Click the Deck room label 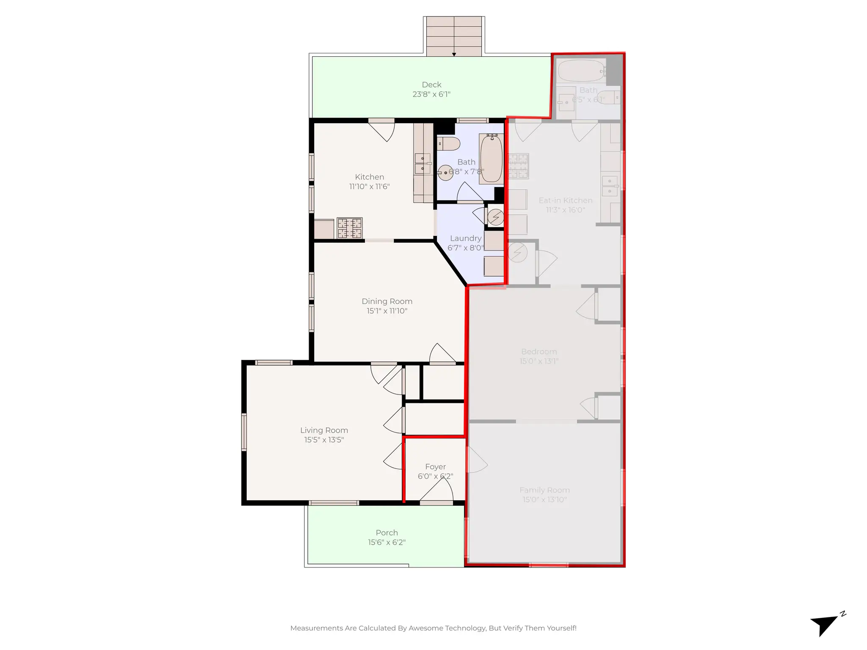click(x=431, y=85)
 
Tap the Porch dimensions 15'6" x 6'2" click(x=387, y=542)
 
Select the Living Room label click(x=324, y=430)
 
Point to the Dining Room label click(x=387, y=301)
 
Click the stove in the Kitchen click(x=350, y=228)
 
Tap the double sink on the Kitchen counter click(x=422, y=164)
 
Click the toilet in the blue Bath click(x=448, y=143)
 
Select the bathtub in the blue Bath click(x=491, y=158)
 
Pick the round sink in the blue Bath click(x=445, y=173)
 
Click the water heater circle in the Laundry click(x=496, y=218)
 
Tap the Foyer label click(x=435, y=466)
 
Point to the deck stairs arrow click(x=454, y=54)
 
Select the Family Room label click(x=544, y=490)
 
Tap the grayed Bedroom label click(x=539, y=352)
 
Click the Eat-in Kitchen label click(x=565, y=200)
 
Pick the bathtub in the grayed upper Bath click(x=581, y=71)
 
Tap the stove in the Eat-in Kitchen click(x=519, y=166)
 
